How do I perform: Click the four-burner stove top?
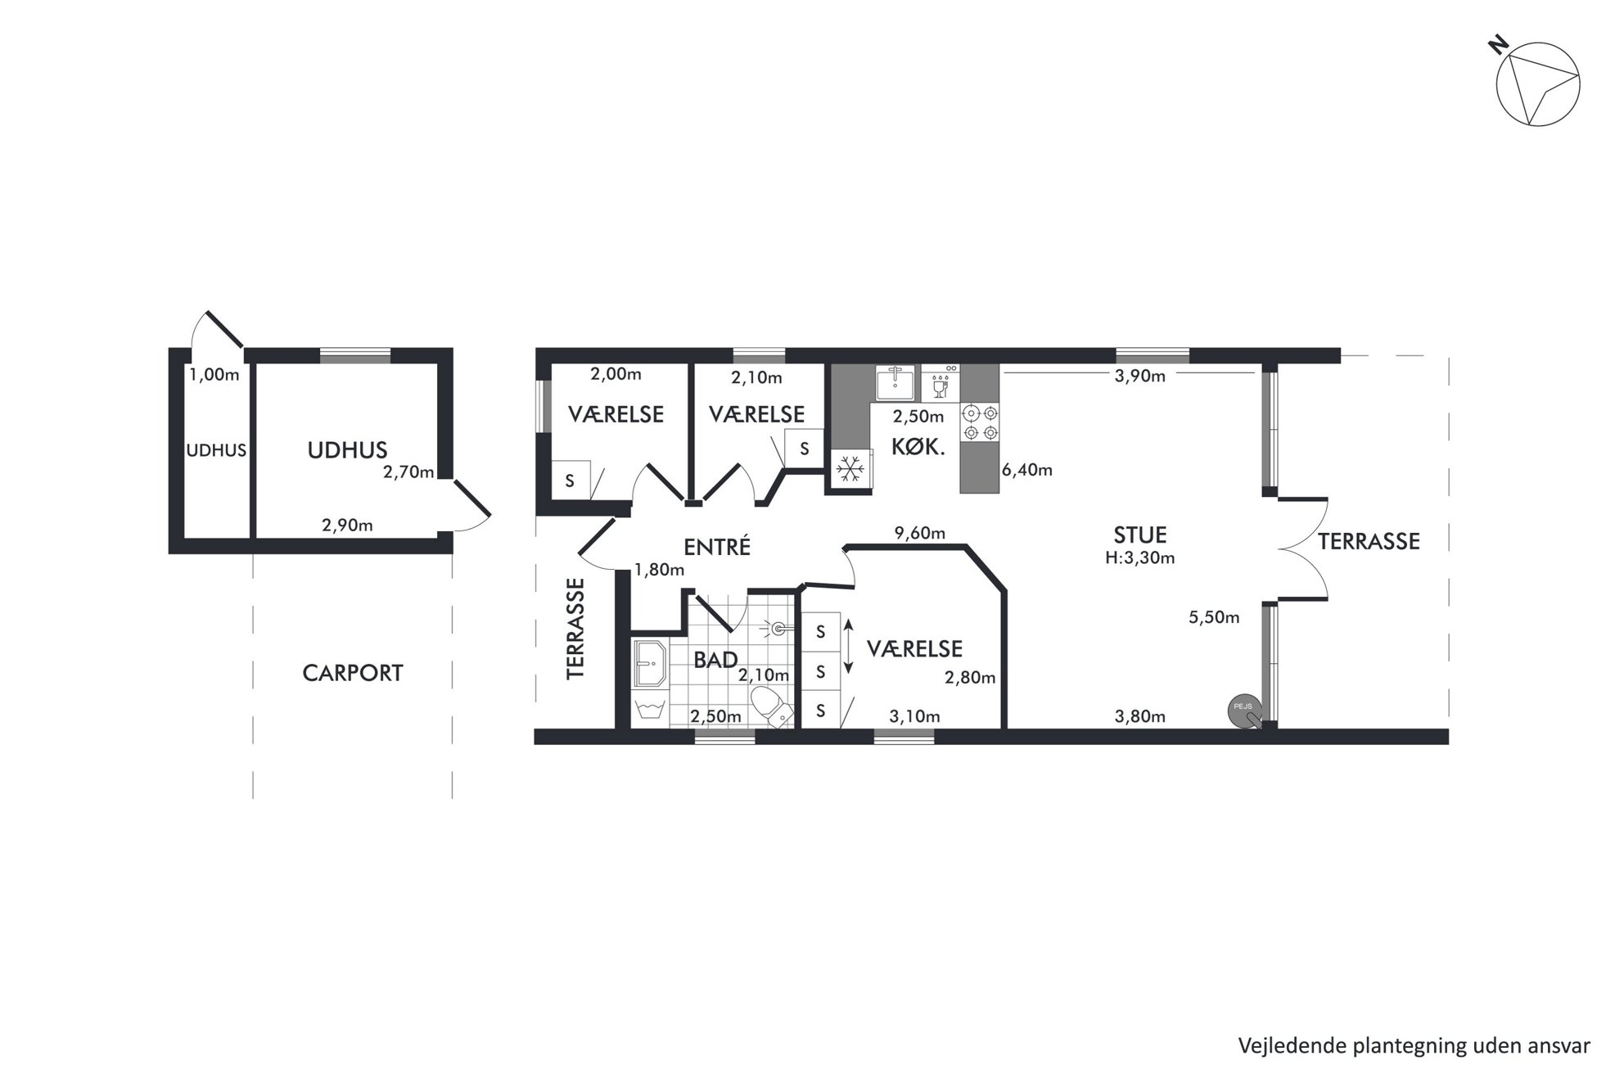point(981,422)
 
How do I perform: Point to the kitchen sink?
point(895,382)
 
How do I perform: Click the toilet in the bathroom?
point(770,706)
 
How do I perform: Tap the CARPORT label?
point(353,673)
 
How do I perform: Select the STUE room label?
point(1140,535)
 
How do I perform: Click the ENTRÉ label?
point(717,547)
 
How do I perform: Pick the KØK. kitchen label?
point(918,447)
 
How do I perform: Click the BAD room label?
point(715,660)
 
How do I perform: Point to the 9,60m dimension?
point(920,534)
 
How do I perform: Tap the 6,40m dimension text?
point(1027,470)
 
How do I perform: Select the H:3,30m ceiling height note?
point(1140,558)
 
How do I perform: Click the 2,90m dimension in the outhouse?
point(347,526)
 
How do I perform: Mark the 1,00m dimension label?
point(214,375)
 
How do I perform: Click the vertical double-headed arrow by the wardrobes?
point(849,647)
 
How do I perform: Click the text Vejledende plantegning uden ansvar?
point(1414,1045)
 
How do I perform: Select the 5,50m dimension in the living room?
point(1214,617)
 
